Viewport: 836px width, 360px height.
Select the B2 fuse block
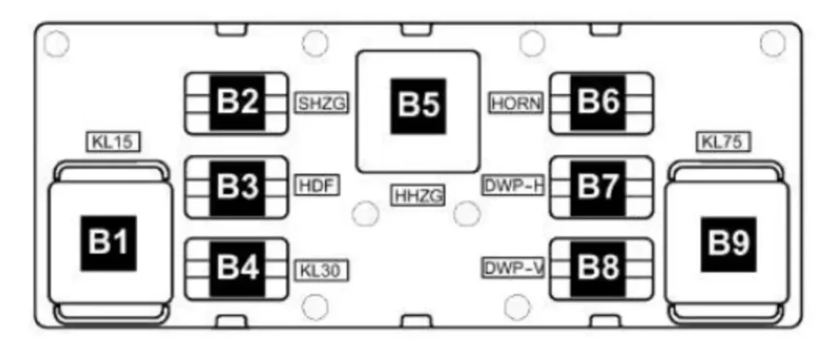tap(238, 104)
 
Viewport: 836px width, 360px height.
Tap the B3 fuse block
tap(238, 187)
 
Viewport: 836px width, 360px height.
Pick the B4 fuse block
tap(238, 269)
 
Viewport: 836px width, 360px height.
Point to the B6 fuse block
tap(601, 104)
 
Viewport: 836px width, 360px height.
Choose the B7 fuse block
tap(601, 187)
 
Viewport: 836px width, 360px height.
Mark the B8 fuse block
tap(601, 269)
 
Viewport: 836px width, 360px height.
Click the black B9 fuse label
tap(727, 243)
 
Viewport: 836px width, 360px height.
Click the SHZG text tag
tap(322, 104)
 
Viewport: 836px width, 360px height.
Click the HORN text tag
tap(516, 104)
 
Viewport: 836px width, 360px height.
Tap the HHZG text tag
tap(418, 195)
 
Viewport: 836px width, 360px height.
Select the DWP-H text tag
tap(513, 185)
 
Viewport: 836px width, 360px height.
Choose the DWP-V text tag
tap(513, 268)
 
